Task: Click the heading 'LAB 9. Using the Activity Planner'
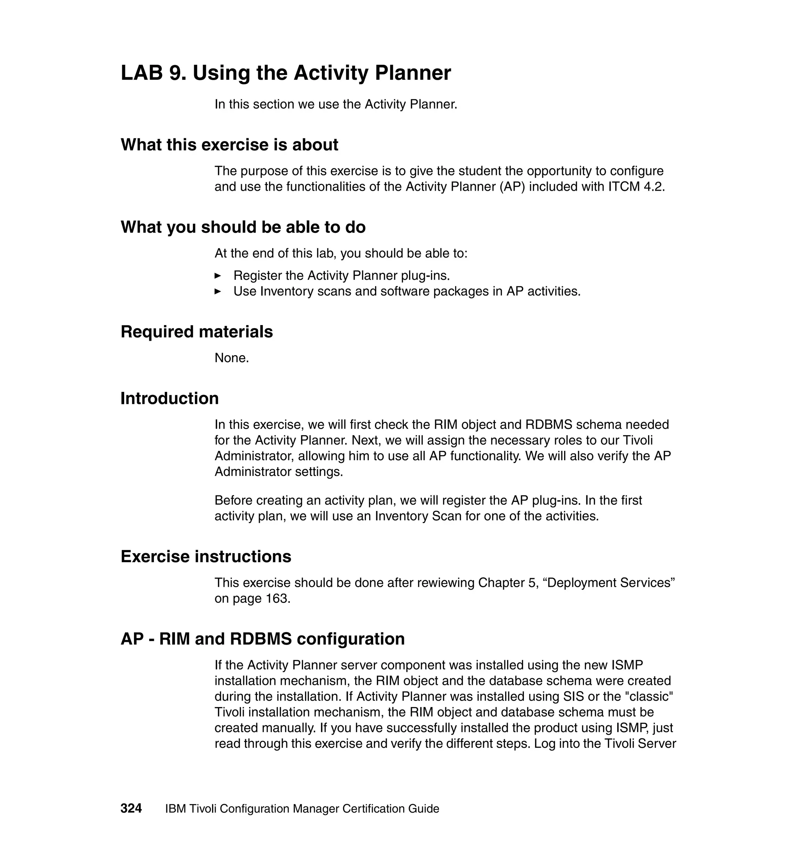[286, 73]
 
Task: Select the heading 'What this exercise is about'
[229, 145]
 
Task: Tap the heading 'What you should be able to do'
[243, 227]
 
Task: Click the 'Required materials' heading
[196, 332]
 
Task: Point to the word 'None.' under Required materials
[232, 358]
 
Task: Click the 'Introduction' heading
[170, 398]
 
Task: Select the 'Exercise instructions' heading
[206, 557]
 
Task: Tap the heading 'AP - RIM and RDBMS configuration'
[262, 639]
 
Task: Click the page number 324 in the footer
[131, 808]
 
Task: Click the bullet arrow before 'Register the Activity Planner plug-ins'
[218, 276]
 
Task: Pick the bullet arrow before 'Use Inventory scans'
[218, 292]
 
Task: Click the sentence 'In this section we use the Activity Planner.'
[336, 104]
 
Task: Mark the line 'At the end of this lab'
[341, 253]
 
